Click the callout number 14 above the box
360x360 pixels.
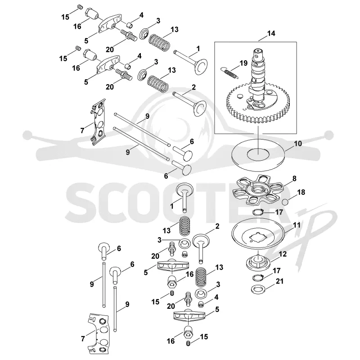pos(271,33)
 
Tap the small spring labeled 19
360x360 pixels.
pos(229,72)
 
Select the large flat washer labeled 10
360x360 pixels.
pos(258,155)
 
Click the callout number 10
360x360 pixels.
pos(298,144)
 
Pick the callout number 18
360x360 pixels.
pos(301,192)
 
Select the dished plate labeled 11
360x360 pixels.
pos(258,236)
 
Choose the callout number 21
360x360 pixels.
pos(279,281)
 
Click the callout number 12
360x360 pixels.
pos(283,254)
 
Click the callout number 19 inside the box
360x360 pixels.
pos(243,63)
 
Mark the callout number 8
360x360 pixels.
pos(294,178)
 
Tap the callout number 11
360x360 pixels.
pos(297,225)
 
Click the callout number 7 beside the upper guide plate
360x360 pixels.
pos(82,131)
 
